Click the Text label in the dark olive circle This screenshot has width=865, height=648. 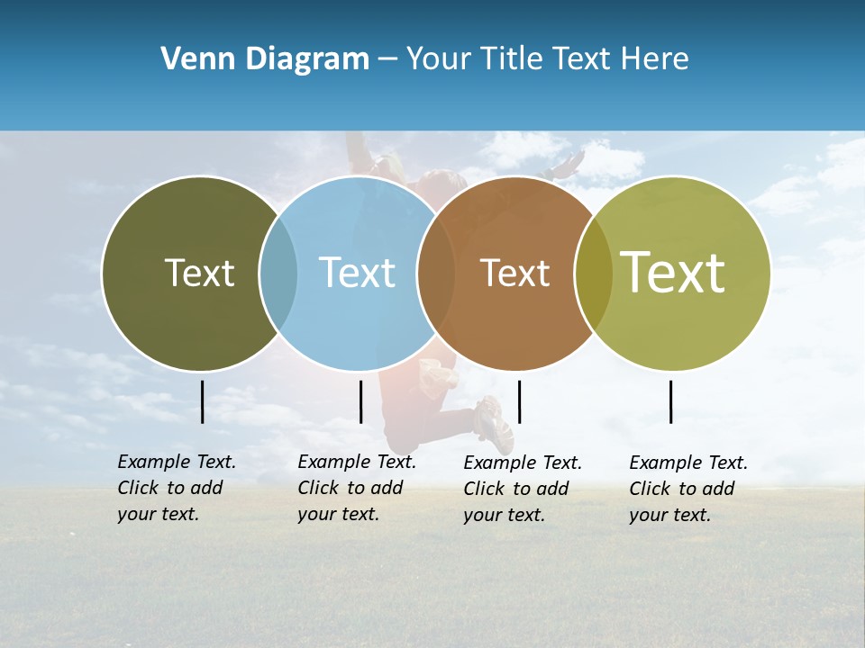coord(199,273)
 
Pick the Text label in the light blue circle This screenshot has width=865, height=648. coord(357,273)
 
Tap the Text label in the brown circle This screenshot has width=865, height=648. coord(514,273)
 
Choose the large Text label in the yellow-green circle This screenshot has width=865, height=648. coord(673,272)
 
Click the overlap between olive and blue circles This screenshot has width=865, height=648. coord(278,274)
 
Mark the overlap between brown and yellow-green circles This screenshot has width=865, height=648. coord(593,274)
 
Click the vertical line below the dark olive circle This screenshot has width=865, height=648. coord(203,401)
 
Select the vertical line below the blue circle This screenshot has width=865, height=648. coord(360,401)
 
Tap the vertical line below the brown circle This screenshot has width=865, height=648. coord(519,401)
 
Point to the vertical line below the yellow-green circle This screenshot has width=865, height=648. coord(671,401)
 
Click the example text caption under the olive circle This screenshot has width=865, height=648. coord(177,488)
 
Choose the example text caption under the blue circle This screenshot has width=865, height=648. coord(357,488)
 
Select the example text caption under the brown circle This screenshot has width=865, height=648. coord(523,489)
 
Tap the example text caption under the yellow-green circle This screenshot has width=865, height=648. coord(688,489)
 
